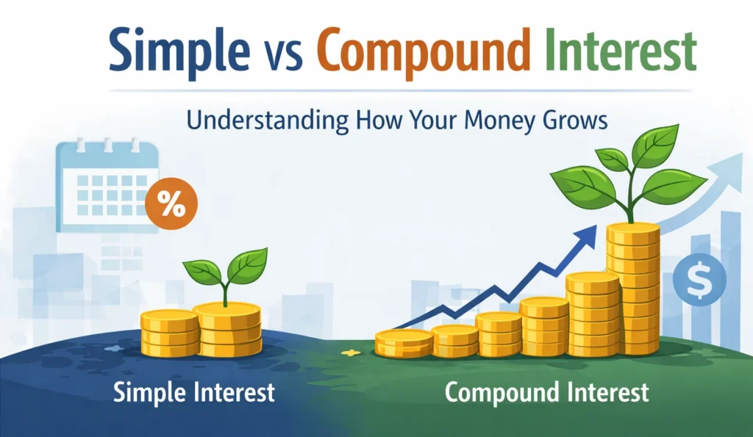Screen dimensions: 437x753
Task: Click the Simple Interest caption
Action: (194, 392)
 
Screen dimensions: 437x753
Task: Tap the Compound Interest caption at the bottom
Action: (547, 392)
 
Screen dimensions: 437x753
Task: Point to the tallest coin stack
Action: (632, 289)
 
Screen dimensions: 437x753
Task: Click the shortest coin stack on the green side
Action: (404, 343)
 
